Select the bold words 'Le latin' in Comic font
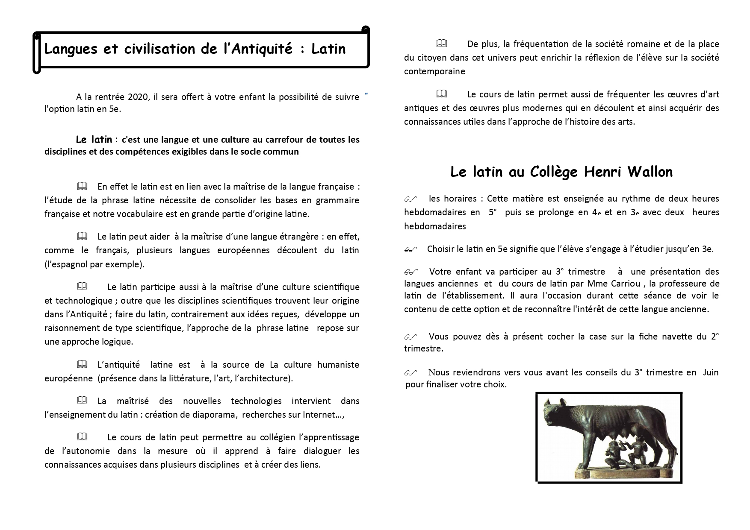tap(94, 139)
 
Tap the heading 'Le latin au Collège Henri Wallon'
tap(561, 172)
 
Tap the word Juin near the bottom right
tap(711, 372)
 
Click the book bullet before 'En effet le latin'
tap(82, 186)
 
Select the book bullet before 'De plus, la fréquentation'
tap(441, 44)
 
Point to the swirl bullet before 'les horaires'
tap(410, 199)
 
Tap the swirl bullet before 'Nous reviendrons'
tap(410, 373)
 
